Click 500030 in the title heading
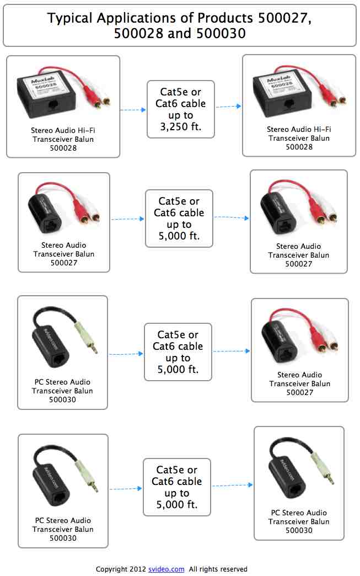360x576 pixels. tap(218, 34)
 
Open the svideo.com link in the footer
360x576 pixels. tap(166, 569)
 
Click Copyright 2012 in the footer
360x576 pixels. tap(121, 569)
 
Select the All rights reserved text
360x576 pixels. tap(218, 569)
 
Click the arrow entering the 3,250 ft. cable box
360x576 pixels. tap(133, 110)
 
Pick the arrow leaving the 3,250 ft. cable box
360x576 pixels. tap(228, 106)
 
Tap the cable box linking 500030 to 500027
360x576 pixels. tap(178, 352)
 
